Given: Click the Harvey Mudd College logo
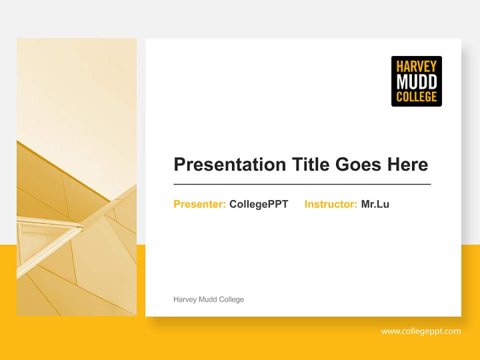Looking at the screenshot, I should pos(416,81).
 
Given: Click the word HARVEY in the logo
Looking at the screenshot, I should pos(416,66).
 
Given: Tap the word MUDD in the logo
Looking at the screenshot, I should pos(416,81).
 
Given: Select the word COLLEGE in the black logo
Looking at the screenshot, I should pos(416,96).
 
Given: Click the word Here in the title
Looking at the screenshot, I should pos(407,164).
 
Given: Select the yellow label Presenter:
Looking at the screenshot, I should pos(199,204).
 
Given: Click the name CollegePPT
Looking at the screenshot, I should pos(258,204).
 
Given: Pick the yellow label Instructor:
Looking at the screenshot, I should pos(330,204).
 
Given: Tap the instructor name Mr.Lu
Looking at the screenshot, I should pos(375,204).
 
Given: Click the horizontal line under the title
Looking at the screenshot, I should pos(302,184).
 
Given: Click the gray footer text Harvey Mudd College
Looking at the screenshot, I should pos(208,299).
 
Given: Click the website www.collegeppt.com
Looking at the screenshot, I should pos(421,331).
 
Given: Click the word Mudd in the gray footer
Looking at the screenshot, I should pos(208,299).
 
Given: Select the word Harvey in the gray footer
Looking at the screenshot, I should pos(185,299).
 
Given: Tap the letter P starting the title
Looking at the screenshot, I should pos(179,164).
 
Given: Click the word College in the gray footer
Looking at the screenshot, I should pos(232,299).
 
